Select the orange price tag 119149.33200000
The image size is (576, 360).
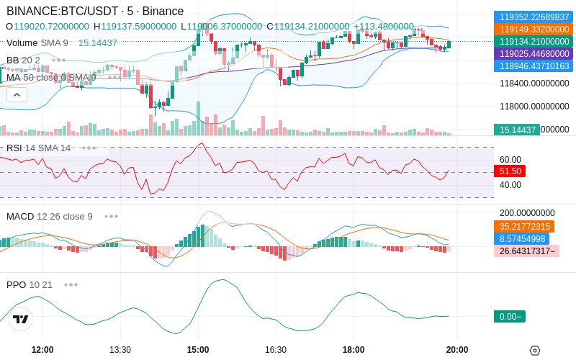coord(532,30)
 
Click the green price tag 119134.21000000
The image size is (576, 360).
coord(532,42)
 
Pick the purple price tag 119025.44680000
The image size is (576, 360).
coord(532,54)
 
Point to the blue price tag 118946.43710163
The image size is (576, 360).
coord(532,66)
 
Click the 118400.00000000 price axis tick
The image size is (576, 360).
coord(534,84)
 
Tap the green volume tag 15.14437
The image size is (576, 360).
coord(516,130)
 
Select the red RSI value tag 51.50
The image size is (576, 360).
coord(509,171)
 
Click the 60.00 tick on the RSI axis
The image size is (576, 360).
coord(510,160)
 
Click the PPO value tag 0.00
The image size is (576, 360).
coord(509,316)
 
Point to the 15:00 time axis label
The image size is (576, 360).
coord(198,350)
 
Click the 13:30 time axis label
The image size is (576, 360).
coord(120,350)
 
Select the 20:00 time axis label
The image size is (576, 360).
coord(457,350)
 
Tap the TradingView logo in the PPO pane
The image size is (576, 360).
coord(21,319)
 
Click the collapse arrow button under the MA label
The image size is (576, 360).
coord(17,94)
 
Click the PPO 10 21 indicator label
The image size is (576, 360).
coord(30,284)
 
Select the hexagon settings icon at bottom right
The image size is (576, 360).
coord(534,351)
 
